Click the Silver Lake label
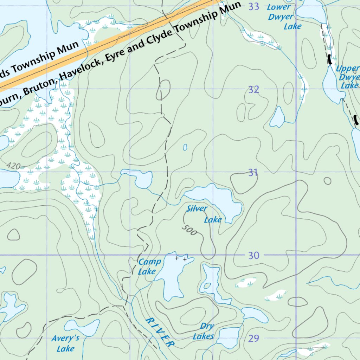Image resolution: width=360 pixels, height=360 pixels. (204, 214)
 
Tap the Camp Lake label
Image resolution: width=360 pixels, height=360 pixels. (149, 266)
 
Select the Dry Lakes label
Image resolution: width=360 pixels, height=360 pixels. (204, 331)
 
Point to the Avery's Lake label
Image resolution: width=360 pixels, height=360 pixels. (65, 343)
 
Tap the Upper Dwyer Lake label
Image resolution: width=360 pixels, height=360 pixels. (347, 77)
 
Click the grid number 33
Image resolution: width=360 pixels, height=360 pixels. (253, 6)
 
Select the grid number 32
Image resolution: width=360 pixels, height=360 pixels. (253, 90)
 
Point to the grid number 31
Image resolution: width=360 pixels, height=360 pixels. (253, 173)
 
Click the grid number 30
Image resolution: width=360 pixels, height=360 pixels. (253, 256)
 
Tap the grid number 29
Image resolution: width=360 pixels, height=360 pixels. (253, 339)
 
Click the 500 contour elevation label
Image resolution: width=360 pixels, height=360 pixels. (189, 230)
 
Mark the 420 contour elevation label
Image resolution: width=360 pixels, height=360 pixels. (13, 166)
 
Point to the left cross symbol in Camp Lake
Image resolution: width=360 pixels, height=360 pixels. (176, 258)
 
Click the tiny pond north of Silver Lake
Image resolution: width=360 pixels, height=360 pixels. (185, 147)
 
